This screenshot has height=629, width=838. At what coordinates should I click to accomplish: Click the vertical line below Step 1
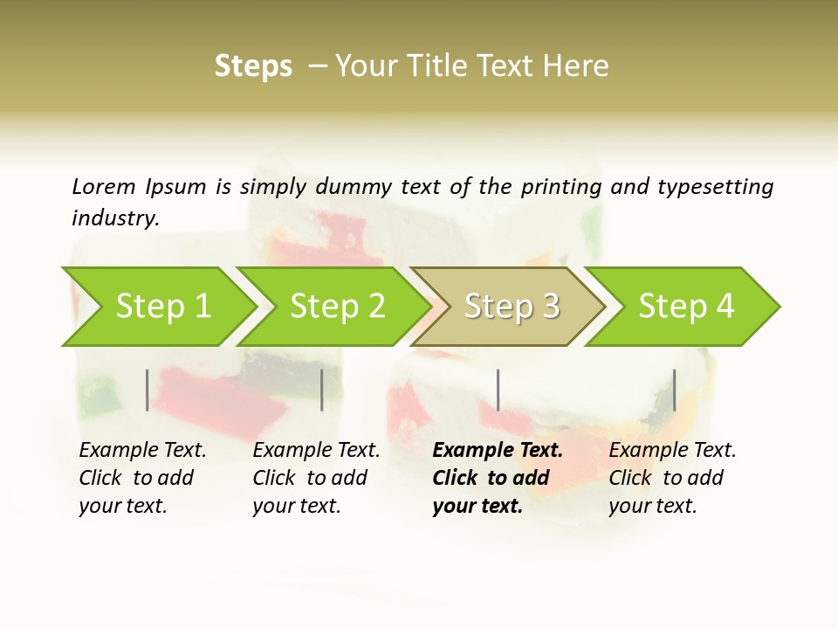(148, 390)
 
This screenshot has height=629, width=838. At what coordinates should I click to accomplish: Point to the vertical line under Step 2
(322, 390)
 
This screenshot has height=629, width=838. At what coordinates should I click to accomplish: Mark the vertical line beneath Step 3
(498, 390)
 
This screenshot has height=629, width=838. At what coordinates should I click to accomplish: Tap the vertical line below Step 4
(675, 390)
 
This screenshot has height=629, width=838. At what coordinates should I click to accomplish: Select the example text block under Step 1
(142, 478)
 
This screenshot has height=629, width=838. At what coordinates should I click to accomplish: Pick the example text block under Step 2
(316, 478)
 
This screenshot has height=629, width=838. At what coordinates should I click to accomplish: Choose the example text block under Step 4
(672, 478)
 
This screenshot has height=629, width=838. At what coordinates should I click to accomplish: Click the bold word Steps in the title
(253, 66)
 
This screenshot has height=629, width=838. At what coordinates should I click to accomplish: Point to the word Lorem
(104, 186)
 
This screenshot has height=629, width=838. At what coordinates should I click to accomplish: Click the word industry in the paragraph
(115, 218)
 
